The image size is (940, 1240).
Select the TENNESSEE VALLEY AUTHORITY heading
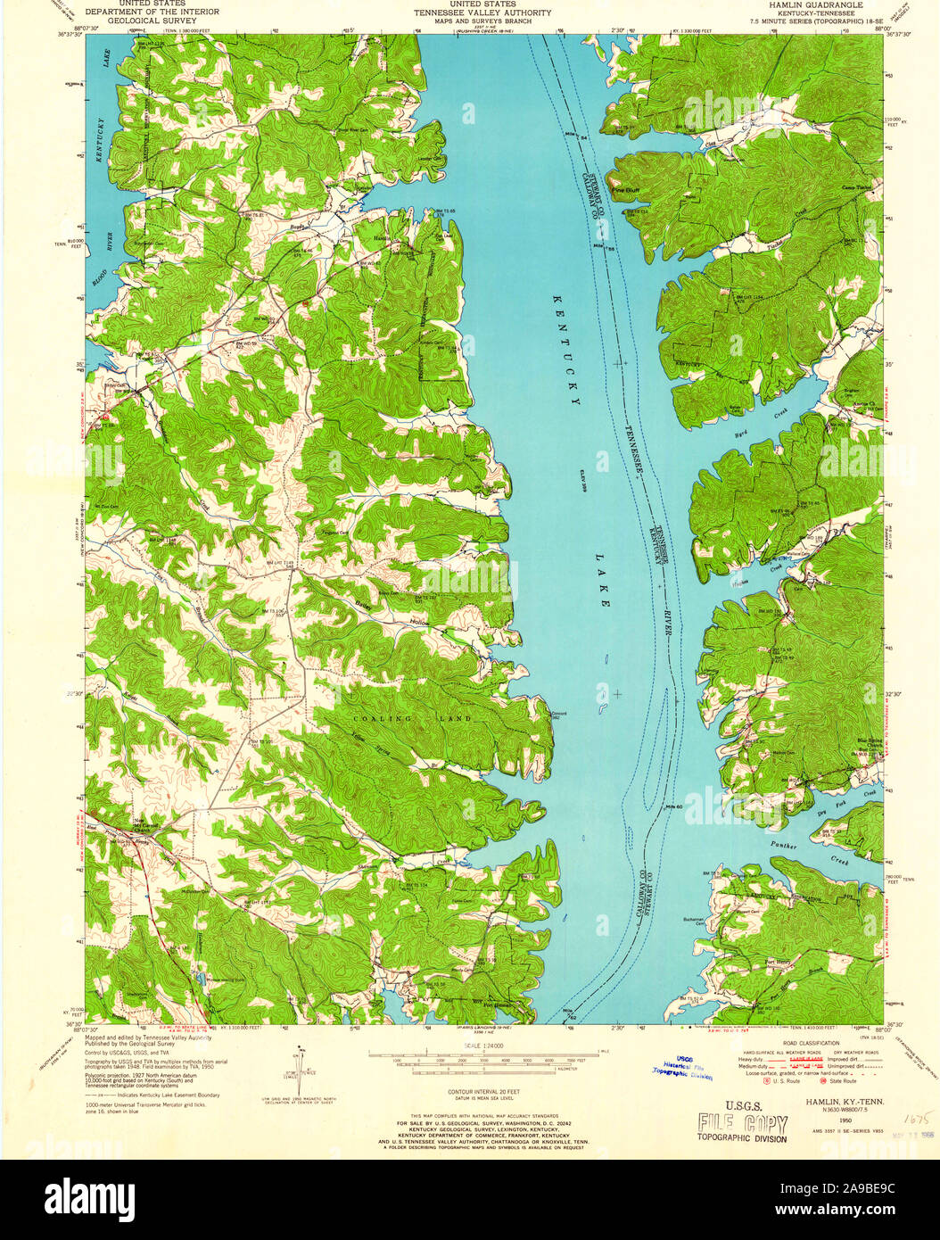pos(482,13)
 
